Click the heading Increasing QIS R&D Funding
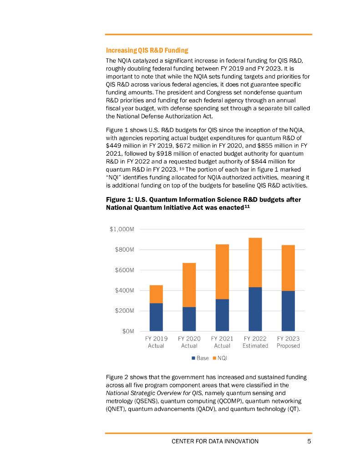pyautogui.click(x=147, y=50)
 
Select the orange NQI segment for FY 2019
pyautogui.click(x=156, y=294)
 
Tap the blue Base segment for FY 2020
pyautogui.click(x=189, y=319)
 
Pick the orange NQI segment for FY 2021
pyautogui.click(x=222, y=272)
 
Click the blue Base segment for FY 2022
pyautogui.click(x=255, y=309)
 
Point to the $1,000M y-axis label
pyautogui.click(x=122, y=229)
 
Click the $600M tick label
pyautogui.click(x=125, y=270)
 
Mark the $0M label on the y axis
pyautogui.click(x=128, y=331)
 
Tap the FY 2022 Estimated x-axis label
pyautogui.click(x=255, y=342)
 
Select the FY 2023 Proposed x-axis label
pyautogui.click(x=288, y=342)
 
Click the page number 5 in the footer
pyautogui.click(x=309, y=441)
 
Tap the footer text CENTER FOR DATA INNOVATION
pyautogui.click(x=215, y=441)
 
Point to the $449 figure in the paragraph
pyautogui.click(x=113, y=145)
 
